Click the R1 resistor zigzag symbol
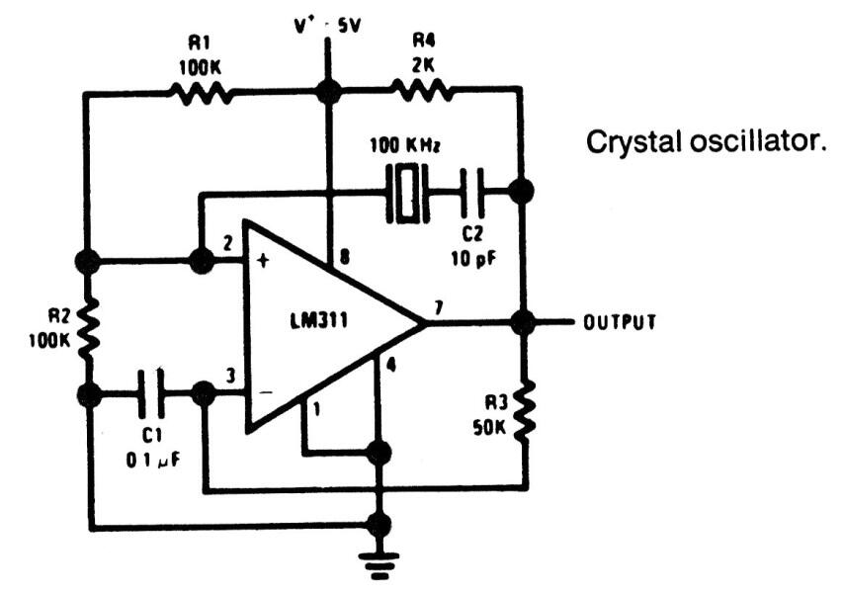pos(202,93)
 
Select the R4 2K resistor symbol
pos(422,93)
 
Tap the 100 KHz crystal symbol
pos(405,191)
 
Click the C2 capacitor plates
pos(470,191)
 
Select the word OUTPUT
pos(619,323)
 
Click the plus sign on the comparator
pos(263,263)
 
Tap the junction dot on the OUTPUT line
pos(523,322)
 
